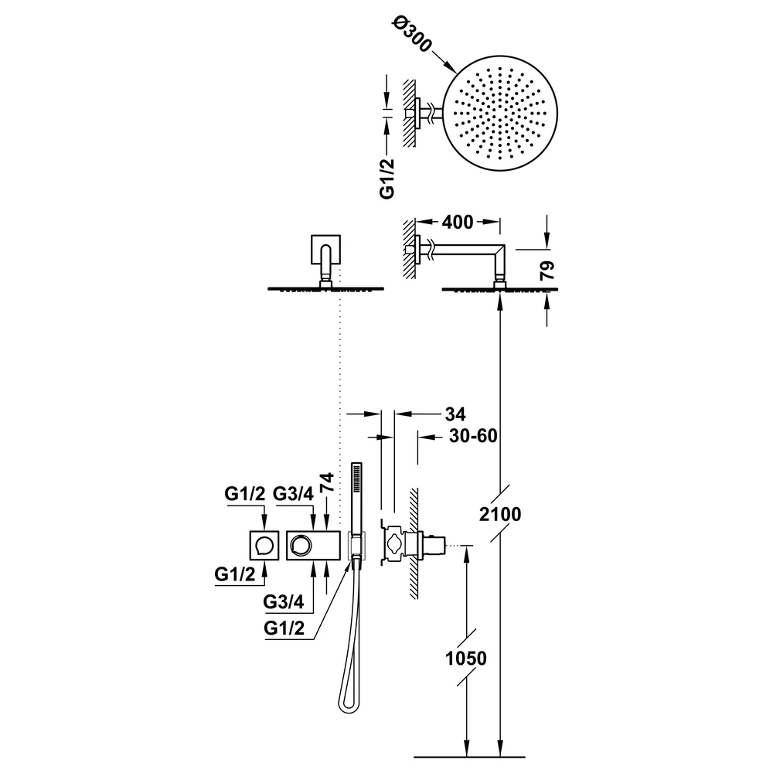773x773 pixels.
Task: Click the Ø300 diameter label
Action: click(412, 35)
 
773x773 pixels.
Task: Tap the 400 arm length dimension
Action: click(458, 223)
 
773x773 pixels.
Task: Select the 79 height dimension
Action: click(547, 271)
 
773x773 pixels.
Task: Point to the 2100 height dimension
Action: click(500, 514)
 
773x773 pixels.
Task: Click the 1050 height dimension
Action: click(466, 658)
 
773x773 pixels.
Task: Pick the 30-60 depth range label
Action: click(473, 436)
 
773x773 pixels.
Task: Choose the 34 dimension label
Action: click(455, 414)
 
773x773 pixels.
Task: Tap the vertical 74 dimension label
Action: click(327, 482)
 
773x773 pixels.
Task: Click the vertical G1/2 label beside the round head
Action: click(387, 179)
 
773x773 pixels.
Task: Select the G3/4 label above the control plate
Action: click(293, 493)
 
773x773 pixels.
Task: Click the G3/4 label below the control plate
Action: click(284, 601)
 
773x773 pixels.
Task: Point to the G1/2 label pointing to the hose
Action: click(284, 628)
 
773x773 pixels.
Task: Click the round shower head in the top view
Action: click(500, 113)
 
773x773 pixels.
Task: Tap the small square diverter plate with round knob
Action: click(264, 545)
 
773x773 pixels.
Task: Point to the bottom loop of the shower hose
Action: click(349, 705)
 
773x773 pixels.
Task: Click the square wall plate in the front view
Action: click(325, 250)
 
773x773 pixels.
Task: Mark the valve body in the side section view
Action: click(404, 545)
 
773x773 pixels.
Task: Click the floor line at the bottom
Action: click(469, 757)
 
